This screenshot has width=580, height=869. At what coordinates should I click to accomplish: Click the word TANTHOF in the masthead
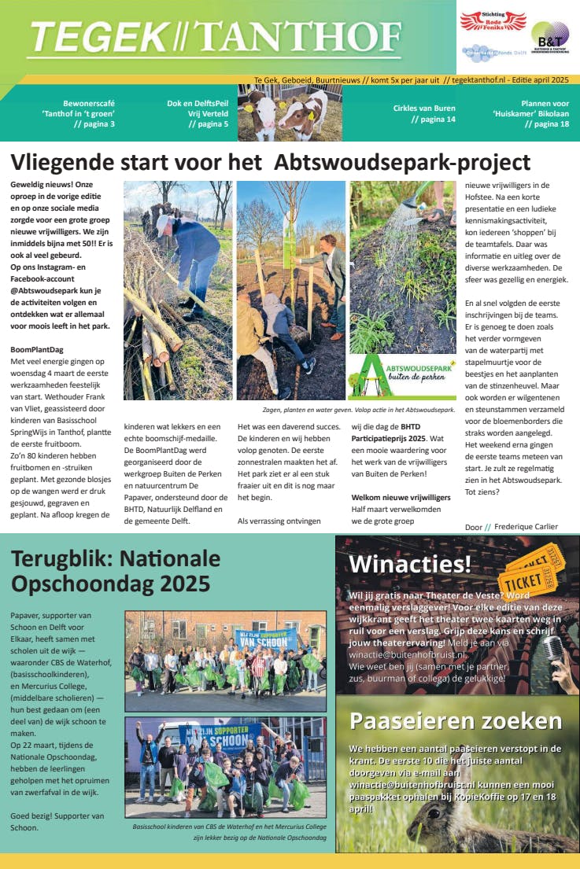[298, 36]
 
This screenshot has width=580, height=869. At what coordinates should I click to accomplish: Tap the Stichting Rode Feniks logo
[493, 20]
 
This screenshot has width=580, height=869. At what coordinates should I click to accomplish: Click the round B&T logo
[550, 38]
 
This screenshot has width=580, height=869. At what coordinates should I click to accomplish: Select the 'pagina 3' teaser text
[94, 124]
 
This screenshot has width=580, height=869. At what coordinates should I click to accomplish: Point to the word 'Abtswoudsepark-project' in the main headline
[402, 163]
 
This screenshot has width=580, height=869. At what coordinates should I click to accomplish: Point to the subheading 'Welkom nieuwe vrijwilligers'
[401, 498]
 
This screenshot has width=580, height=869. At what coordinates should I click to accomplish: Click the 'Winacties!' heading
[410, 564]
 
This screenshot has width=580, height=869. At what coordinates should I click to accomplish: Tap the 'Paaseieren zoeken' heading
[456, 721]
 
